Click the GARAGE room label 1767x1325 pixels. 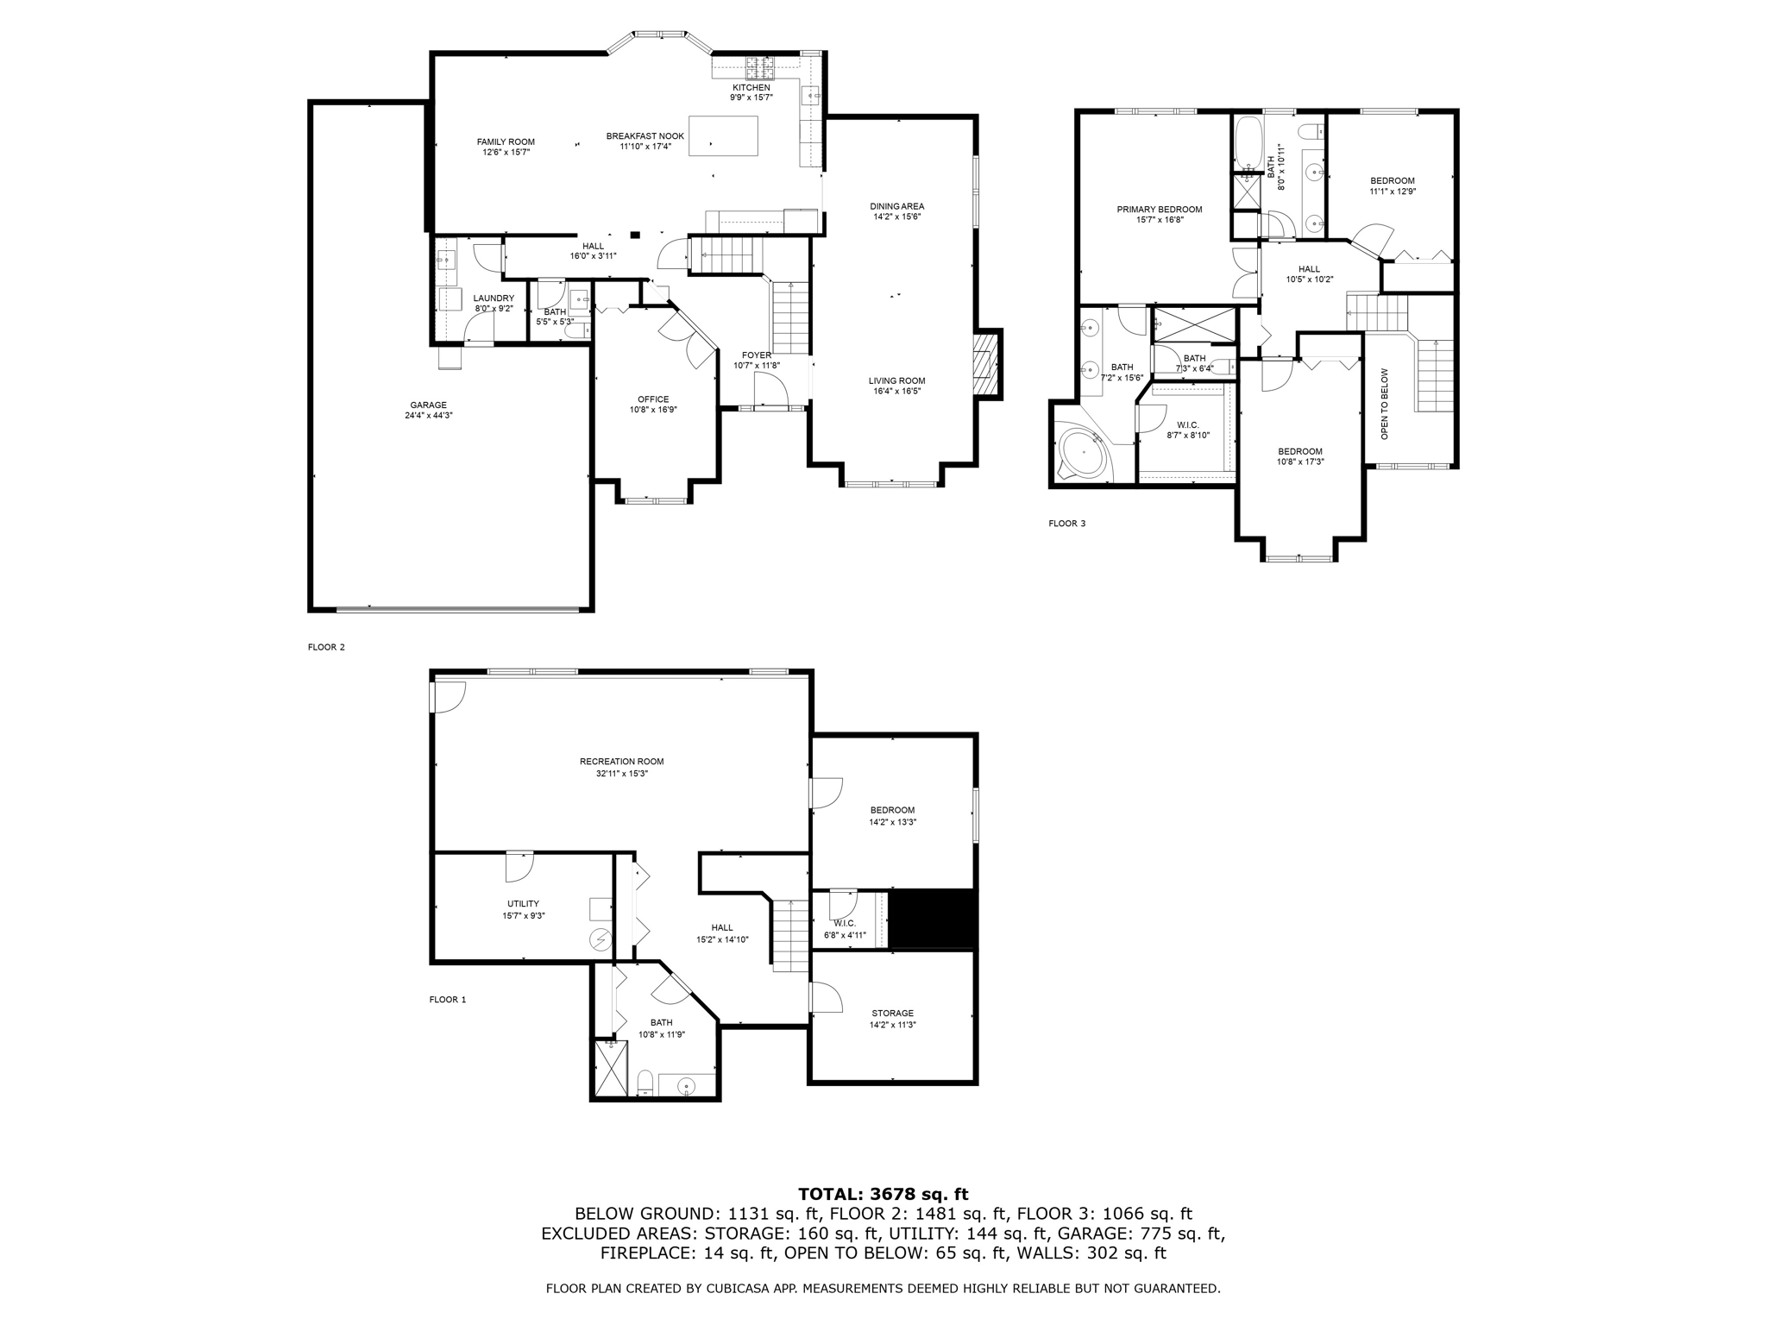[x=428, y=405]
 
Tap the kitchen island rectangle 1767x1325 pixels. [x=723, y=135]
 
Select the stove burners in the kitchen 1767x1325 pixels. [x=761, y=64]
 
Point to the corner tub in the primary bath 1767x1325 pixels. [x=1083, y=453]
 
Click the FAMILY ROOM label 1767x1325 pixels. [x=506, y=141]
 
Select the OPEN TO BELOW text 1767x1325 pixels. [x=1384, y=404]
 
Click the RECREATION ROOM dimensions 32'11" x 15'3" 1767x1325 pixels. [x=621, y=774]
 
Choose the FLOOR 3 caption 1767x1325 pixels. [x=1066, y=523]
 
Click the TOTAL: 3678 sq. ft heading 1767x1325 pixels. [x=883, y=1194]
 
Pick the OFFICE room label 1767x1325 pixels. [x=653, y=399]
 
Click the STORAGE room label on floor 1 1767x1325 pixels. [x=892, y=1013]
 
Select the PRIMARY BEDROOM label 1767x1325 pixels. [x=1159, y=209]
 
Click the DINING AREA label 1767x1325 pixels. [x=896, y=206]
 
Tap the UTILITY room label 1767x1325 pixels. [x=523, y=903]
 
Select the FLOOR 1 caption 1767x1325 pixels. [x=447, y=1000]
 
